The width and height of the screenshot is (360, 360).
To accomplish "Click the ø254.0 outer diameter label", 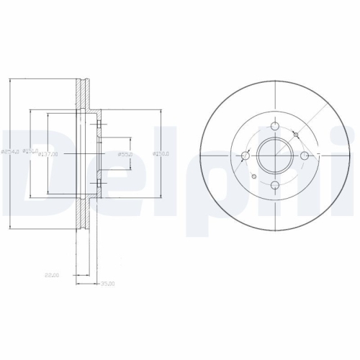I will [x=9, y=151].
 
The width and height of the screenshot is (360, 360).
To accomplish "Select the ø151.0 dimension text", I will [x=30, y=150].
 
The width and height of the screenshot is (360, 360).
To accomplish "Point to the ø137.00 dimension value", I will [x=49, y=153].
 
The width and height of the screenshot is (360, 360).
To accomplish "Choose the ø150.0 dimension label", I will [x=161, y=153].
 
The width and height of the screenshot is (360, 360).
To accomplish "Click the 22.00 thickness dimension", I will [x=50, y=274].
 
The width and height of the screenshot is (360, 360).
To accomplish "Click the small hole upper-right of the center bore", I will [x=296, y=133].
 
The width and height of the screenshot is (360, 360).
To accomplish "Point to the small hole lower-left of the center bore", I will [x=254, y=176].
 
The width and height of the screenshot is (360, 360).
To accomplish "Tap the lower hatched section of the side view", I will [x=81, y=216].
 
